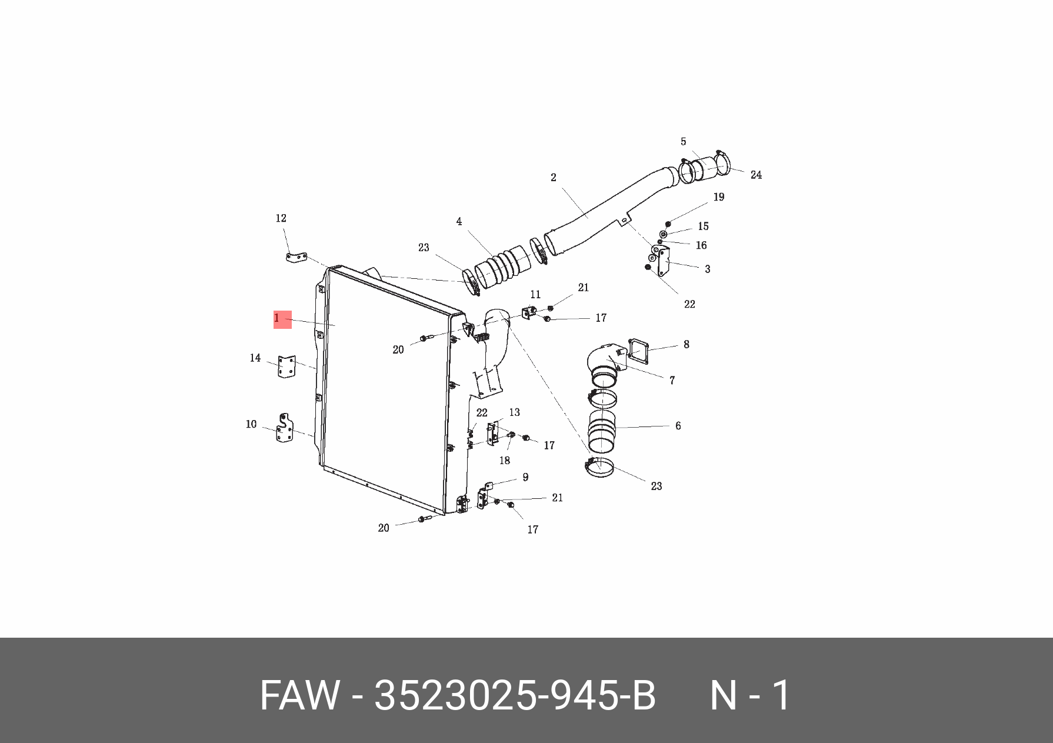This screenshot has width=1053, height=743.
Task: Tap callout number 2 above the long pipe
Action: [553, 177]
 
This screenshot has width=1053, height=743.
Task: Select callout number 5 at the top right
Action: [683, 142]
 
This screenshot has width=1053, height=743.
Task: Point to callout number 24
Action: [756, 175]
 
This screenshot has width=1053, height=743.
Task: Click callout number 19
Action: [718, 197]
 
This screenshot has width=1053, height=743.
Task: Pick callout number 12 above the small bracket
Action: [281, 218]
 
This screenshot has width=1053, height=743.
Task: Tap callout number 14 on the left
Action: [255, 358]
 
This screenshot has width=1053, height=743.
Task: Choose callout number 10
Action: [251, 424]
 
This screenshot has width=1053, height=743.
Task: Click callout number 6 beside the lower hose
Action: [678, 425]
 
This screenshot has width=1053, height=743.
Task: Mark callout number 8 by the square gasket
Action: [686, 344]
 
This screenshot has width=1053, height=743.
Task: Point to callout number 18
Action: [504, 460]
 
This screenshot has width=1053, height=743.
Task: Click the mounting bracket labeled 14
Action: [287, 367]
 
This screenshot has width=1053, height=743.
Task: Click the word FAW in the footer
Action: [299, 695]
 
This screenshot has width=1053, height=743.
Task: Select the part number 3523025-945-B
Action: [515, 695]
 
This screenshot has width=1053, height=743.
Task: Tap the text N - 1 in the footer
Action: [750, 695]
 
